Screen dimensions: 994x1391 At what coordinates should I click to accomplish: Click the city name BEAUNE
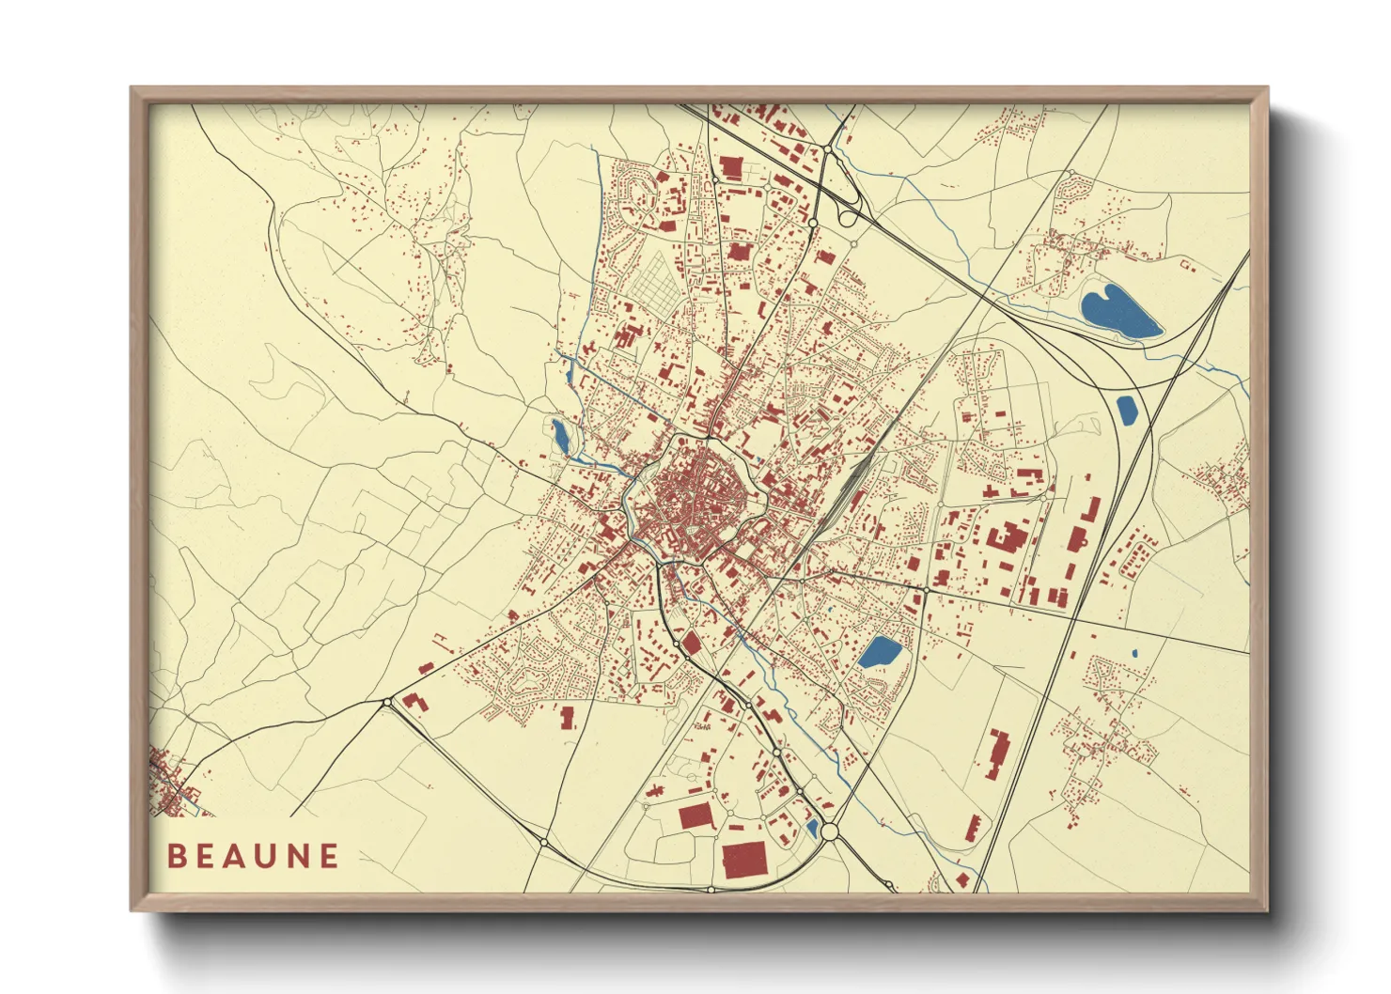coord(253,856)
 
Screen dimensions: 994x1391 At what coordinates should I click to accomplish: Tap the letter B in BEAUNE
coord(176,856)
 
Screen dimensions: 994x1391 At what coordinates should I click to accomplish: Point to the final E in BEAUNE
coord(328,856)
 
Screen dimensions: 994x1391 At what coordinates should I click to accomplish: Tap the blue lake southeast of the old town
coord(880,652)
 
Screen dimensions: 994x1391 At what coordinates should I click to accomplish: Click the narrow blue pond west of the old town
coord(560,436)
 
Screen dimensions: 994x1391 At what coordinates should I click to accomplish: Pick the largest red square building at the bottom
coord(744,859)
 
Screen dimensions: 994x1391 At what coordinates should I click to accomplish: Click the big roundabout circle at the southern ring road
coord(829,831)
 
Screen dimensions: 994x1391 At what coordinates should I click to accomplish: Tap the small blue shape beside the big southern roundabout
coord(811,828)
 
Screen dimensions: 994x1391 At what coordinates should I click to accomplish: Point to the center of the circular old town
coord(697,498)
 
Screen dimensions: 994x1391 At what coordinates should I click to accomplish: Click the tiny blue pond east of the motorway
coord(1134,653)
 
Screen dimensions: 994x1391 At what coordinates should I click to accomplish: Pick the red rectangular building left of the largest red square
coord(696,815)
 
